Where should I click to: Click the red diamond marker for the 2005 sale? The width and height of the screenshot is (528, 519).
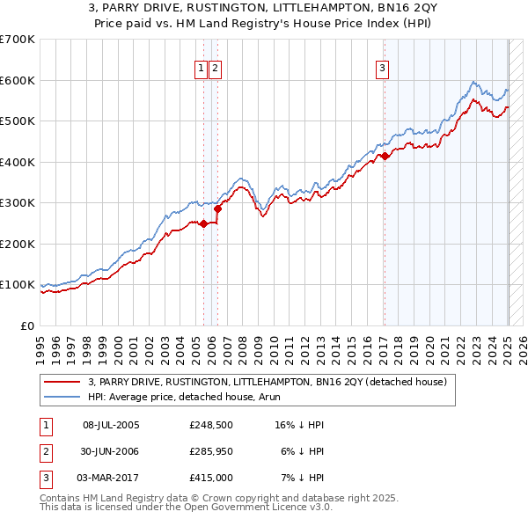pos(203,223)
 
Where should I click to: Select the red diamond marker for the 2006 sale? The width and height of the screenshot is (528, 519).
pos(218,208)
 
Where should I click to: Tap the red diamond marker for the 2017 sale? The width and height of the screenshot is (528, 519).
pos(385,157)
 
